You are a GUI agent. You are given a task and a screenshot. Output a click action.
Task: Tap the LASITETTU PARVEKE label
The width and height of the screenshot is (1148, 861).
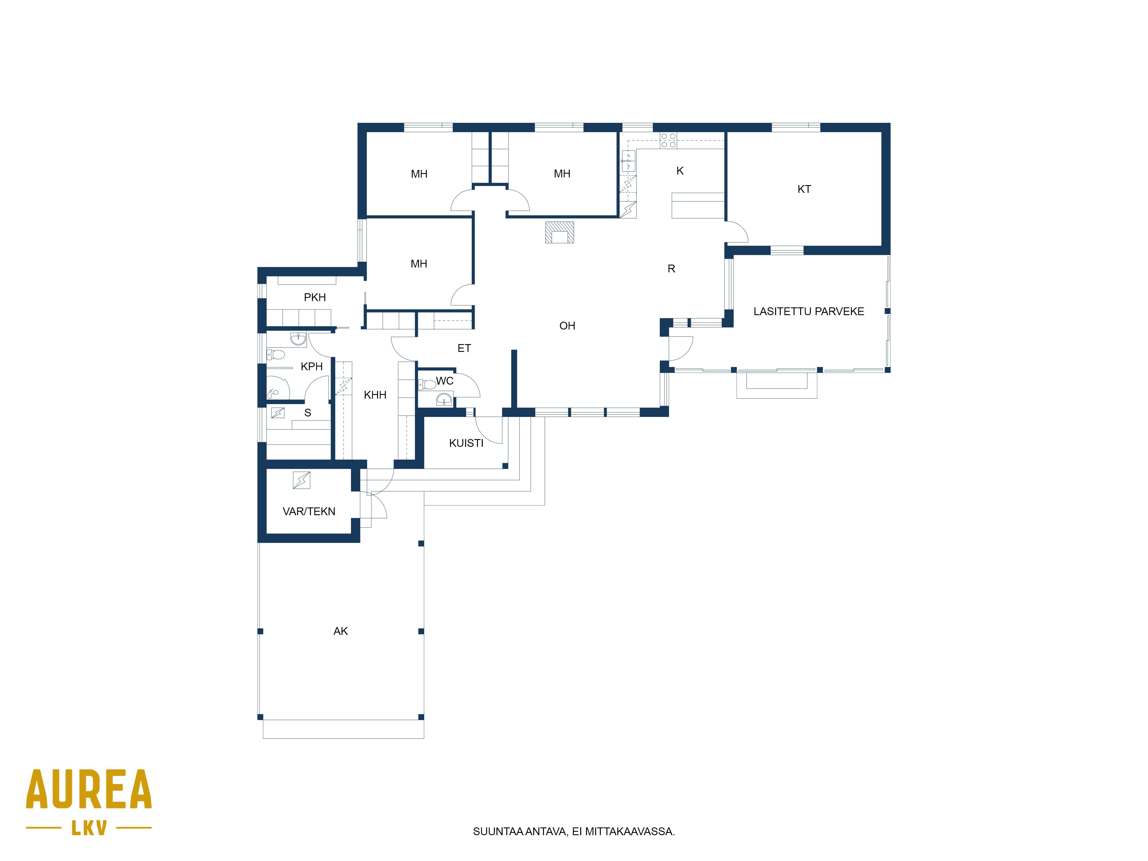[x=808, y=311]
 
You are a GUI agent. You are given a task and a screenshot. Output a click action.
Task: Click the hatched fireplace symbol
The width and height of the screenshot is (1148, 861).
[x=559, y=232]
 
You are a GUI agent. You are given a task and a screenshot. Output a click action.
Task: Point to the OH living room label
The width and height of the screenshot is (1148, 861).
[x=567, y=326]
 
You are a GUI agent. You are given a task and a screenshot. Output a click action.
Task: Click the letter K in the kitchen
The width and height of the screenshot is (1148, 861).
[x=680, y=171]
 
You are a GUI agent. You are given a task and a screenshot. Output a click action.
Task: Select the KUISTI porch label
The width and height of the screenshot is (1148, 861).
[x=466, y=443]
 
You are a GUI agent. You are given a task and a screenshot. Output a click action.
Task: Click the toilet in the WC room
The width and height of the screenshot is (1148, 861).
[x=427, y=385]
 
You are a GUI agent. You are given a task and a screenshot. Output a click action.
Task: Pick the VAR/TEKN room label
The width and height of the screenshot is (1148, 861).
[x=309, y=512]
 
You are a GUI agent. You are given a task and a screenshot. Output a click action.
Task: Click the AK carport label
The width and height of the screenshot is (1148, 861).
[x=340, y=631]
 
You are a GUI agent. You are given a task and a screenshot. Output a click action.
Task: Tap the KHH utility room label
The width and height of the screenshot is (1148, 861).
[x=375, y=395]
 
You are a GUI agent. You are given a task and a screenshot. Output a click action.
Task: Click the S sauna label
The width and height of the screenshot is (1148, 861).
[x=308, y=413]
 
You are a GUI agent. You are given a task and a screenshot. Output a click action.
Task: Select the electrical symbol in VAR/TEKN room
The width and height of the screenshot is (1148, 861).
[x=302, y=480]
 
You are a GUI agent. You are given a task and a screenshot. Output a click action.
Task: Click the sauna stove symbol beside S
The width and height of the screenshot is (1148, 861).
[x=278, y=413]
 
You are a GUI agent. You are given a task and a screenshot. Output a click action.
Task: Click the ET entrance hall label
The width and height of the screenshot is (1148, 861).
[x=464, y=348]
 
